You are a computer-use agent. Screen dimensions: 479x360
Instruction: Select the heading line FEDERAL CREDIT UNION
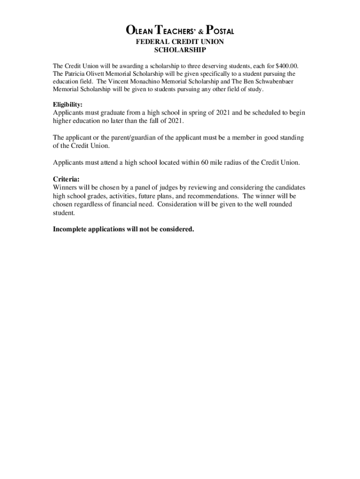pyautogui.click(x=180, y=42)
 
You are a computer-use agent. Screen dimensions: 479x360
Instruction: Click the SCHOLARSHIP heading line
pyautogui.click(x=180, y=49)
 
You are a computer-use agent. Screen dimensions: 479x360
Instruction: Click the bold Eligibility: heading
pyautogui.click(x=67, y=104)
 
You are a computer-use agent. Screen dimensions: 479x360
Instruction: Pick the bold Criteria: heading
pyautogui.click(x=66, y=179)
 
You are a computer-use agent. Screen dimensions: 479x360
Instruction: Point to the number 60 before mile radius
pyautogui.click(x=205, y=162)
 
